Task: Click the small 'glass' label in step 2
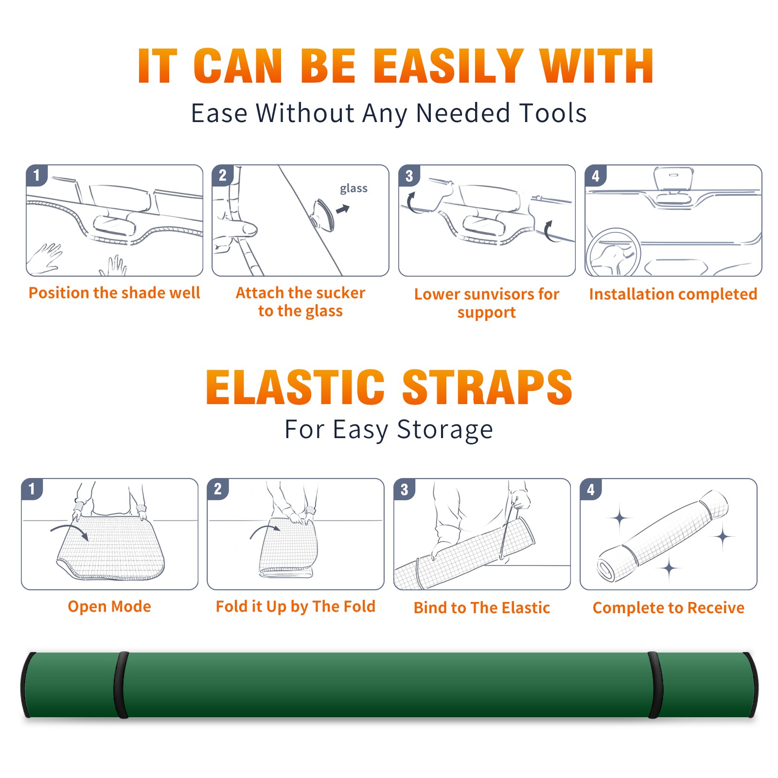pos(354,189)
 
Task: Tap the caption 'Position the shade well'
pos(114,293)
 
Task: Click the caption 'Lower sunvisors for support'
pos(487,303)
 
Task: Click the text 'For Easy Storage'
pos(389,430)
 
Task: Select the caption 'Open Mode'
pos(109,606)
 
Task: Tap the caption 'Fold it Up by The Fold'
pos(296,607)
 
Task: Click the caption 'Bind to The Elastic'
pos(482,608)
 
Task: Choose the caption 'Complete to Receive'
pos(669,608)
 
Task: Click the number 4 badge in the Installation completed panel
pos(596,176)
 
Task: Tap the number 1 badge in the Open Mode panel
pos(32,489)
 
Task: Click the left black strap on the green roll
pos(121,685)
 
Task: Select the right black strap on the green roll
pos(655,685)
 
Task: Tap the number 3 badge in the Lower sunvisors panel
pos(409,176)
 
